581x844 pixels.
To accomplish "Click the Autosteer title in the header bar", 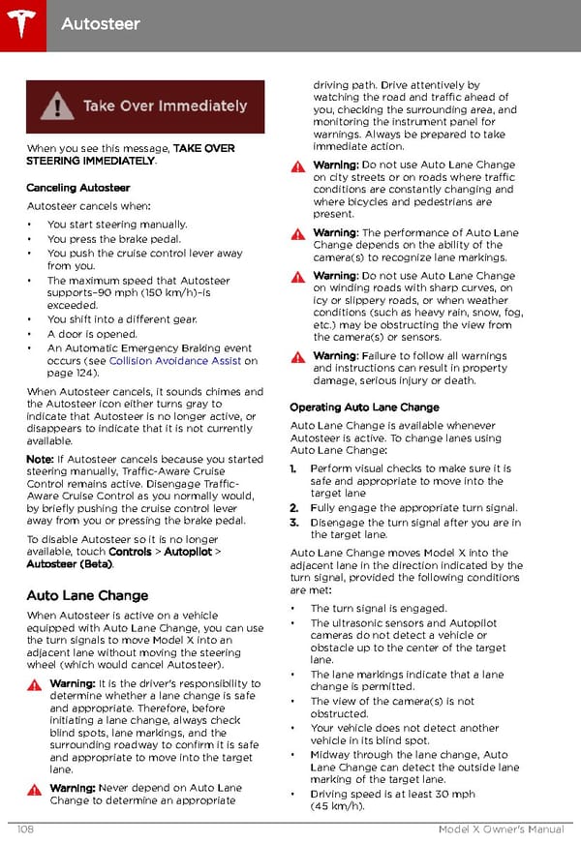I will [100, 23].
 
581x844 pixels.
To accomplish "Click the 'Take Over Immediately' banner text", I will [165, 105].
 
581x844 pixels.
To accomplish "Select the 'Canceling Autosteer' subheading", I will [78, 188].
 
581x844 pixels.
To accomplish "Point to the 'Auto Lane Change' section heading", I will [88, 595].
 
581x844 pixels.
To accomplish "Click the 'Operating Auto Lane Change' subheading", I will [364, 407].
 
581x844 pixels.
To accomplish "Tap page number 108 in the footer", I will [27, 829].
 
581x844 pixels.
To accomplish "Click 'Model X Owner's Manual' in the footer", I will [501, 829].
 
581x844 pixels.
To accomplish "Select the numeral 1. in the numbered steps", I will [294, 468].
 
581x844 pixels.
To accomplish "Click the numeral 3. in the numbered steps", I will [294, 523].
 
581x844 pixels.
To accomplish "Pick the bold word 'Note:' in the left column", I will [40, 459].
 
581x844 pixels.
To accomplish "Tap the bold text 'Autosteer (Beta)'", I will [69, 564].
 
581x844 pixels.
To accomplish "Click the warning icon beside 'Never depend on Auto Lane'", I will [35, 789].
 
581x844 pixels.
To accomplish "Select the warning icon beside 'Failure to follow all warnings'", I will [298, 357].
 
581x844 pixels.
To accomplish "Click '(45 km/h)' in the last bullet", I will [338, 806].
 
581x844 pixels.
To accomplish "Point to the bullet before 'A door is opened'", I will [31, 334].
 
